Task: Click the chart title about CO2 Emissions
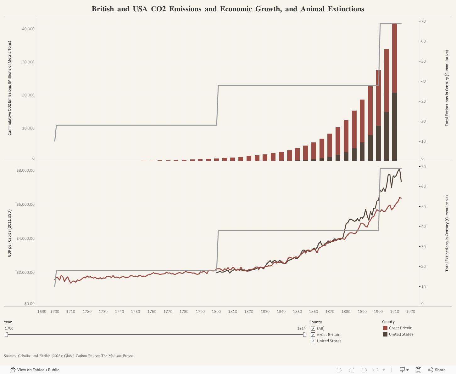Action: click(x=228, y=9)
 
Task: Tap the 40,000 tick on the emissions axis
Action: click(x=28, y=29)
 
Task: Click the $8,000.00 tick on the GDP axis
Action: click(x=25, y=170)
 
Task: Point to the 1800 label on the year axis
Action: click(x=216, y=312)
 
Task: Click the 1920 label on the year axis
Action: click(x=410, y=312)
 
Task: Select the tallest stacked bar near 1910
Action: click(x=394, y=91)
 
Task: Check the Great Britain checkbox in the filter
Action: click(x=313, y=335)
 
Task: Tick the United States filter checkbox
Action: click(x=313, y=341)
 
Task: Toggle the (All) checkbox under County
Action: click(x=313, y=328)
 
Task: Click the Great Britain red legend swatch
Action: click(x=385, y=328)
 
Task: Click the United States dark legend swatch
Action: click(x=385, y=334)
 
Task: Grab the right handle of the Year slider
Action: click(x=304, y=335)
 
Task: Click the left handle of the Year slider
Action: click(x=6, y=335)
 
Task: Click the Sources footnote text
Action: click(x=69, y=356)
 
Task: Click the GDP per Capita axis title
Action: click(x=9, y=233)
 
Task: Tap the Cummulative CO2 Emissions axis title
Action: click(x=9, y=88)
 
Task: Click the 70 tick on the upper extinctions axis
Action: click(x=424, y=21)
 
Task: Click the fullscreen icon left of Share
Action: click(x=419, y=370)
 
